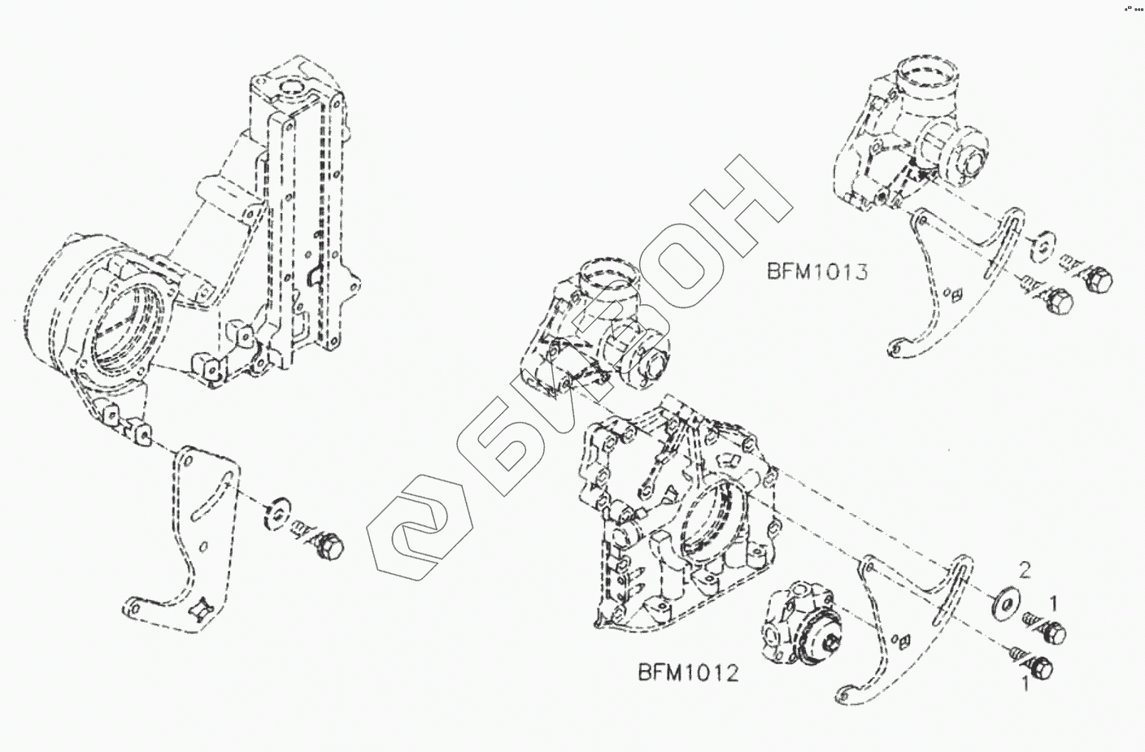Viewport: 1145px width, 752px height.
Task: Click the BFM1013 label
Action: (816, 271)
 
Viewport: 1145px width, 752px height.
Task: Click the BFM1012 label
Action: (687, 673)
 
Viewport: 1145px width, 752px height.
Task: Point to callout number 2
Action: (1025, 571)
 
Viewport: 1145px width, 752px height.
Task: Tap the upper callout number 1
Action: (1053, 602)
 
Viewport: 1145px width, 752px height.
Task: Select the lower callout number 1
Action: (1025, 685)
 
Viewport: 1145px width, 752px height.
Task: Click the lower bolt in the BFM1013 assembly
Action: (1056, 302)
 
